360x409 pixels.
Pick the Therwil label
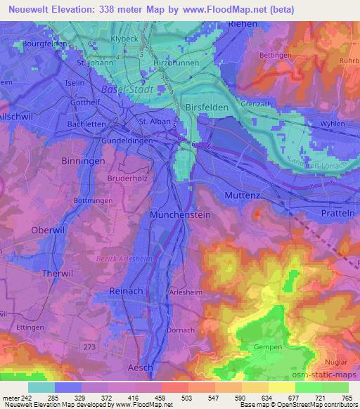coord(39,273)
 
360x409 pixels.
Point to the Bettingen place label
coord(276,55)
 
